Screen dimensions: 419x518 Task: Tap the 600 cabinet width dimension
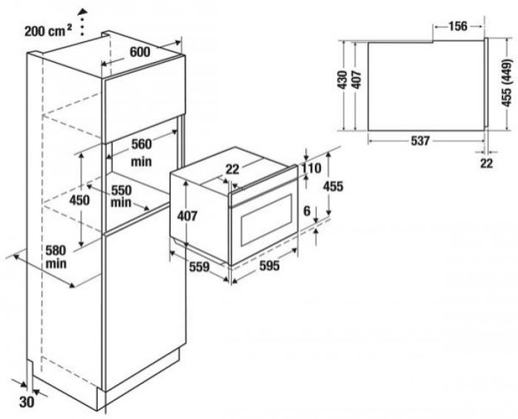140,51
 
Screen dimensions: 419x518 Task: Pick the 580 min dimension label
56,255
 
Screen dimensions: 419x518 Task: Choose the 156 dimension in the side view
457,26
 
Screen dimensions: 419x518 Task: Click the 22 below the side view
487,164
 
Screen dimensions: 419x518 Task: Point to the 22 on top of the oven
232,168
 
